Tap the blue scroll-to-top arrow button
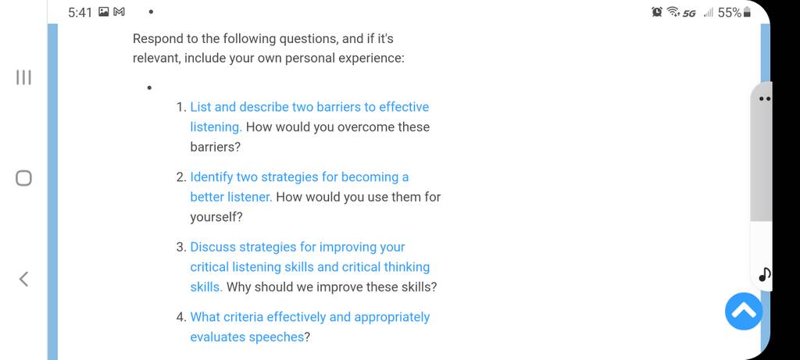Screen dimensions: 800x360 (744, 311)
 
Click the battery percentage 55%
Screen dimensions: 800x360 (730, 12)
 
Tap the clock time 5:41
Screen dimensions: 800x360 (80, 12)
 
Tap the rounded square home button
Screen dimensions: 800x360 (23, 178)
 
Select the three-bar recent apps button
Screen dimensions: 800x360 (23, 77)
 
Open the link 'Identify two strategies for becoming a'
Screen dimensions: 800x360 (299, 177)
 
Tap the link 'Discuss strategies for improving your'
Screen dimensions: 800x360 (298, 247)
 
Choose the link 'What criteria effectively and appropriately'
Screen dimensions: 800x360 (310, 317)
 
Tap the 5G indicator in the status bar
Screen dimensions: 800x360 (689, 12)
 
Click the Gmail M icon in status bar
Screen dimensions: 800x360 (119, 12)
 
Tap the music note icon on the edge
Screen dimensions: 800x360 (765, 275)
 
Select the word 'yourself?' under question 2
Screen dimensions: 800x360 (216, 217)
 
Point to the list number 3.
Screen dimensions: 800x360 (181, 248)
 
